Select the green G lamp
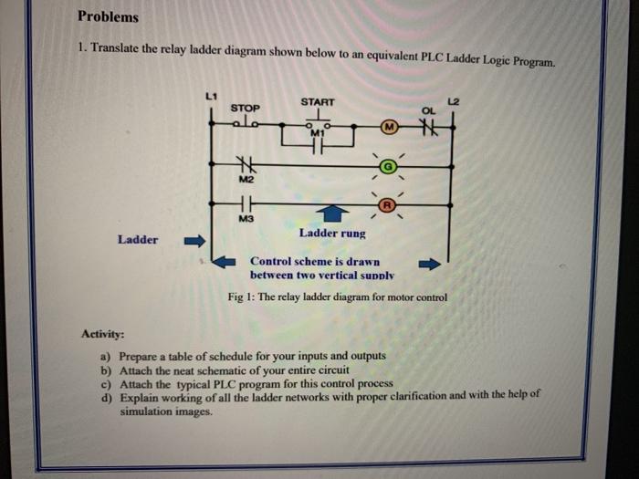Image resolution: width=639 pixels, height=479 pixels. pos(387,166)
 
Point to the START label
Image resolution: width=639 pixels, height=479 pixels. pos(318,101)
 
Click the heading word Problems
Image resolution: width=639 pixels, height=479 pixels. pos(109,16)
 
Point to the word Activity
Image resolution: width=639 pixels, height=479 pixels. pos(103,335)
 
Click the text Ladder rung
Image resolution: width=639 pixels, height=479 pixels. pos(332,234)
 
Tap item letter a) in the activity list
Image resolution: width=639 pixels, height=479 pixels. pos(106,356)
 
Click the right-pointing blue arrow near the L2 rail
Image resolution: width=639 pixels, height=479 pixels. pos(429,265)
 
